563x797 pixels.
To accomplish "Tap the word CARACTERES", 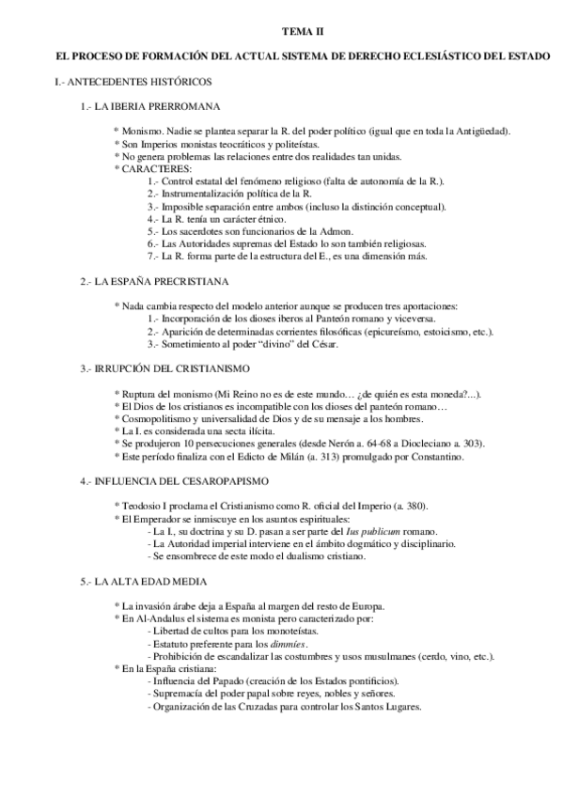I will (155, 168).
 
